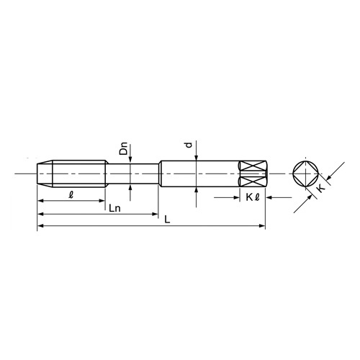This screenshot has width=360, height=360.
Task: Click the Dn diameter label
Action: point(124,150)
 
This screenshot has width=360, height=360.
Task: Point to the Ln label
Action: point(113,208)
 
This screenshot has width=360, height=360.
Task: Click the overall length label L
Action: point(167,220)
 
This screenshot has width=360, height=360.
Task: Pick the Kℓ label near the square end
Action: point(252,195)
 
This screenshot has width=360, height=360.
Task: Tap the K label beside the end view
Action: point(320,187)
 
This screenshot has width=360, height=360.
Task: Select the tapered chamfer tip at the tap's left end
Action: point(44,173)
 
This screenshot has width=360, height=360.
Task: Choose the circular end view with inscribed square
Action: point(305,173)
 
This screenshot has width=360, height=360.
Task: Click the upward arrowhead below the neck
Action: point(130,185)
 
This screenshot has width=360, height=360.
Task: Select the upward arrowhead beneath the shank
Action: point(195,189)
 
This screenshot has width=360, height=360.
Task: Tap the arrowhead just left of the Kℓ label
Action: point(237,196)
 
